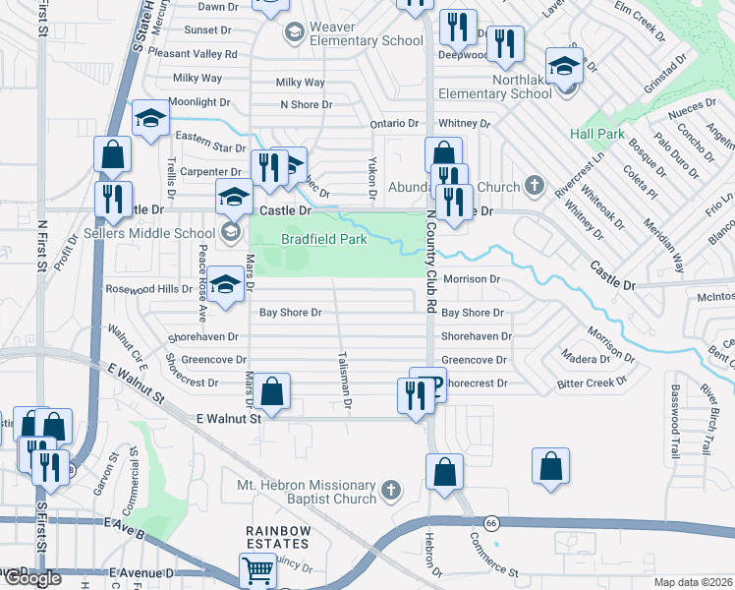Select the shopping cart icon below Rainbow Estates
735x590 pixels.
click(256, 568)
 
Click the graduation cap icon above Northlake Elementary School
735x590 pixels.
click(565, 66)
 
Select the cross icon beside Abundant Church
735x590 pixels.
click(534, 185)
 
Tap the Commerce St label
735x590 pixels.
click(493, 556)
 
